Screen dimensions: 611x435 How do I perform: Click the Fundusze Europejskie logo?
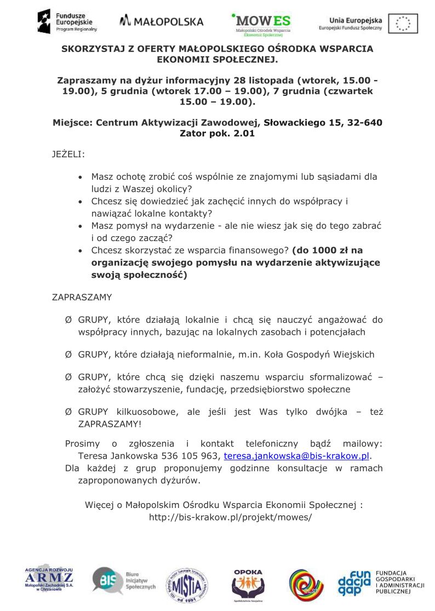coord(67,21)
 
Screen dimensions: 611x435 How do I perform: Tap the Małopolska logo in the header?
coord(161,21)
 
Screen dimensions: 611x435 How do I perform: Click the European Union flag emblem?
coord(403,24)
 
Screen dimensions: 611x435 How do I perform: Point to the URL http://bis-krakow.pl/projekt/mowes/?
coord(231,517)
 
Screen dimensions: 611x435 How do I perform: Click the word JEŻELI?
coord(68,155)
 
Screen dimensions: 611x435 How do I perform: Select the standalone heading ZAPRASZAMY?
coord(82,298)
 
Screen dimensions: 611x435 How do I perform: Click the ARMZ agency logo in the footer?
coord(49,580)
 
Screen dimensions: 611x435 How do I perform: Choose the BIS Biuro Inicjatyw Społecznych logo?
coord(123,580)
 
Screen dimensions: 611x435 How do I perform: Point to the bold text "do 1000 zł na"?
coord(328,250)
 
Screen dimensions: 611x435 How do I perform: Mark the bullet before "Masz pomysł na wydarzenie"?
coord(81,226)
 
